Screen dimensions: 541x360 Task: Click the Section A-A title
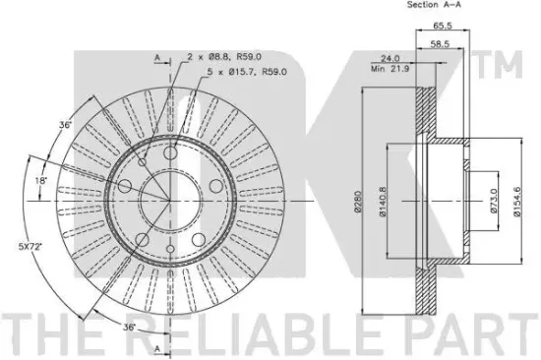click(x=434, y=5)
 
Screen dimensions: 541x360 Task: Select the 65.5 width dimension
click(x=443, y=26)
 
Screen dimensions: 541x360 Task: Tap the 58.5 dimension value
click(x=440, y=44)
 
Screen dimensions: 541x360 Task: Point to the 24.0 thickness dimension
click(x=390, y=58)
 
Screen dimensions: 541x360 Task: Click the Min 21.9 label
click(x=390, y=69)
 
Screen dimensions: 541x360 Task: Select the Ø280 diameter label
click(x=357, y=202)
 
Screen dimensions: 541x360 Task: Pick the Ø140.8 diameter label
click(x=383, y=202)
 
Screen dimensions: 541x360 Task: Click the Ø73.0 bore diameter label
click(x=493, y=201)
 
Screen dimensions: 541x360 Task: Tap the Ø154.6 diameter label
click(x=516, y=202)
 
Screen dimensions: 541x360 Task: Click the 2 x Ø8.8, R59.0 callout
click(x=224, y=56)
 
